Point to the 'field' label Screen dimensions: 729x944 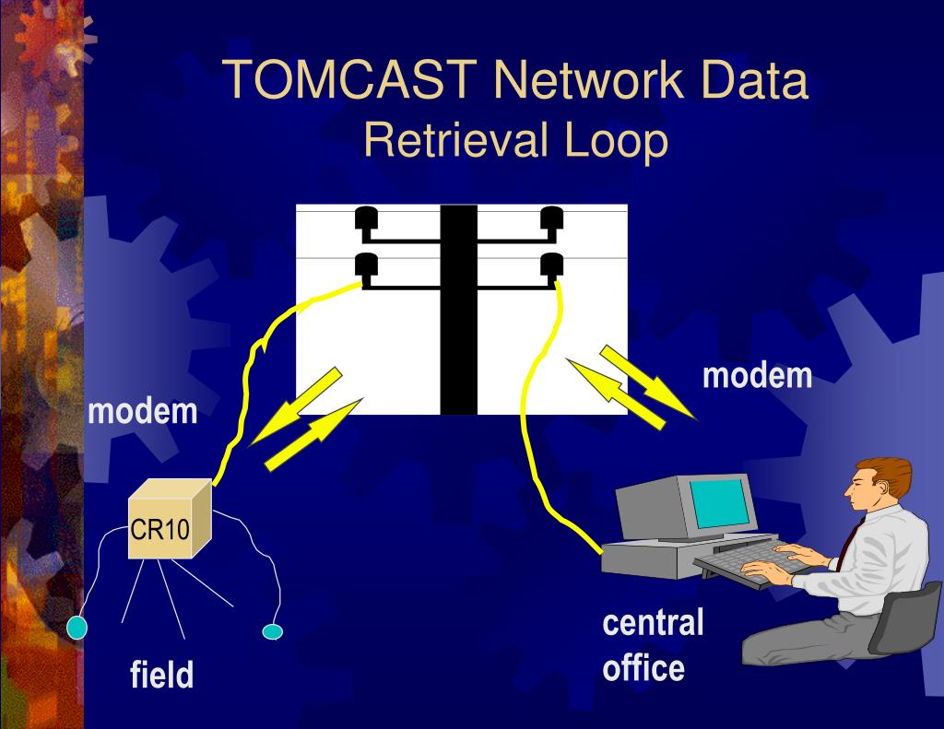161,676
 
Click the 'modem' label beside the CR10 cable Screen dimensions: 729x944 143,411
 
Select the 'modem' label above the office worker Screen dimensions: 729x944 758,376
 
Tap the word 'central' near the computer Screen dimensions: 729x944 653,623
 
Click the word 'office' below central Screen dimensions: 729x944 643,666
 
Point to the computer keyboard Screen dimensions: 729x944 743,559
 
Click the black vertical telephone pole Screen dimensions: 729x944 458,310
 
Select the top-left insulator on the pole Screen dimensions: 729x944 366,218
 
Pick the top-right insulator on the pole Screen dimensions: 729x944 551,218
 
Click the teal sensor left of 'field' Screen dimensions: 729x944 77,628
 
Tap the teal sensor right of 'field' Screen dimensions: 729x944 272,631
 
